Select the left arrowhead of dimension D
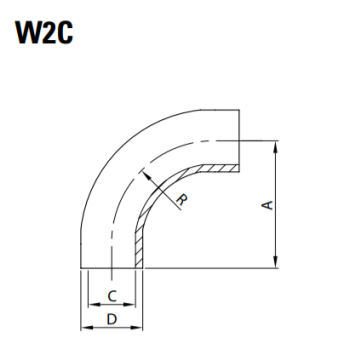point(83,330)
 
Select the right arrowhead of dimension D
point(141,330)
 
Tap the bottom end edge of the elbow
point(112,268)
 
